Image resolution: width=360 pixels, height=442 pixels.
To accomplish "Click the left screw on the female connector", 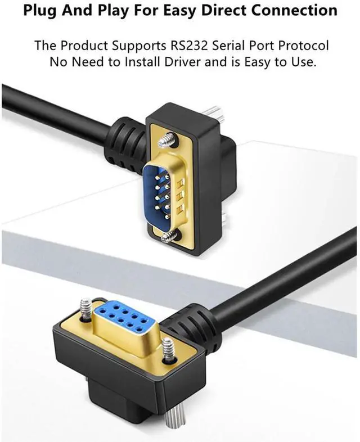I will coord(85,311).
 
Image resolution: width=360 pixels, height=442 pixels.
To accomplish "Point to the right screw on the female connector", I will coord(167,348).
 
